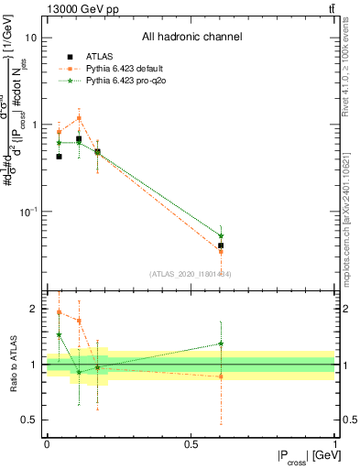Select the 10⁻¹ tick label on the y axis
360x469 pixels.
(28, 212)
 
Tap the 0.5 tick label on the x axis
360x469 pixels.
(191, 444)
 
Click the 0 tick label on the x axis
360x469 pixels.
(47, 444)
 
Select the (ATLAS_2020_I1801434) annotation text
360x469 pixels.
(191, 274)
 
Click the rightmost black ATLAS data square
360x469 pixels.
(221, 245)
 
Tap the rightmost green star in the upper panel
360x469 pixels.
(221, 235)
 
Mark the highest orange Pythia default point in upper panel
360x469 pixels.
(79, 118)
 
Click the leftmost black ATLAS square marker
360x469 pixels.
(59, 157)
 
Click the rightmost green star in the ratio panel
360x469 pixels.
(221, 344)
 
